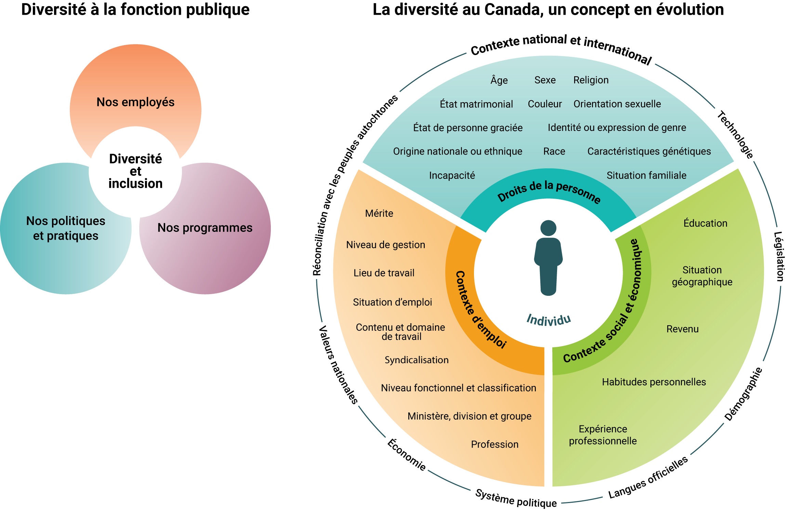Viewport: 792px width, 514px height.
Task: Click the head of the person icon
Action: [548, 228]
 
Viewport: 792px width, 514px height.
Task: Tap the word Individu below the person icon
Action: [549, 320]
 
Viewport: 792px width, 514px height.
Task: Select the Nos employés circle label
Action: [135, 102]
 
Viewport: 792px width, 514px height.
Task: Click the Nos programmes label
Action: [205, 228]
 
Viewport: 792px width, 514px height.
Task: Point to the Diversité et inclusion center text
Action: [135, 171]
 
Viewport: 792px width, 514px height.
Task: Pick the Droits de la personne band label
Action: [549, 192]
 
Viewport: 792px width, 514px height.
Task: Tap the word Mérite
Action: [379, 213]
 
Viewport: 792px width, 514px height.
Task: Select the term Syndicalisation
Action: [417, 360]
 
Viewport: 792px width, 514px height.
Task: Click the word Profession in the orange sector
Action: [494, 444]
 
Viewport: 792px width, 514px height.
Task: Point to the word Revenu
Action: [682, 329]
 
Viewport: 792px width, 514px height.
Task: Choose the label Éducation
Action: [705, 223]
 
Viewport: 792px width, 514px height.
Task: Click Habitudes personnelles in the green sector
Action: [654, 382]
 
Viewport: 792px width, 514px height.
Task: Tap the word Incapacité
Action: [452, 175]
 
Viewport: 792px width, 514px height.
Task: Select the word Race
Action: [554, 151]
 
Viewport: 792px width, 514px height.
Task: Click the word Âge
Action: [499, 80]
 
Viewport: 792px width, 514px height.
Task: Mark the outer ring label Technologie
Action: [735, 135]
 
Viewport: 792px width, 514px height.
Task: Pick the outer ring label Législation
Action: [779, 256]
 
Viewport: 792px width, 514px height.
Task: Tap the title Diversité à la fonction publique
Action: [135, 10]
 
